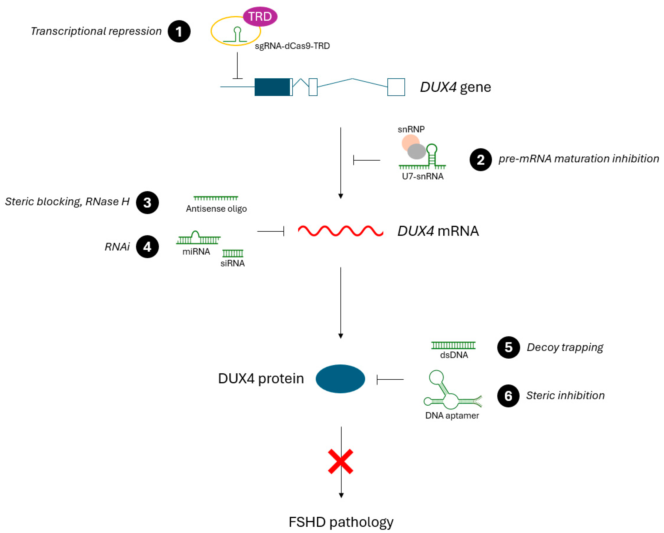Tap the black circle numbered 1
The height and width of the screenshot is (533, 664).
(179, 31)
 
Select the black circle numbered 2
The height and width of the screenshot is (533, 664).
(481, 160)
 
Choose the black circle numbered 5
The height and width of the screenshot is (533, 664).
(509, 347)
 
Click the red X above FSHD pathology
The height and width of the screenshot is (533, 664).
(340, 461)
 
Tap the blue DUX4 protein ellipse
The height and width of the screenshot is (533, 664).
(340, 379)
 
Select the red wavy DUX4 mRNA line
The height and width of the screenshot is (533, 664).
(340, 231)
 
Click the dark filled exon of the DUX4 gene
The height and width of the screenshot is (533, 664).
(272, 87)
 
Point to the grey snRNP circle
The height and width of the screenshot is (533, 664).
(416, 151)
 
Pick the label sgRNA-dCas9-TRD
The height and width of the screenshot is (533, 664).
(292, 46)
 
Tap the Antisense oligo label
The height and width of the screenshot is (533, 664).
(216, 209)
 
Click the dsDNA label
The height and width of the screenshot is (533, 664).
(454, 355)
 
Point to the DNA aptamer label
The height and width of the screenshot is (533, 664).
(452, 416)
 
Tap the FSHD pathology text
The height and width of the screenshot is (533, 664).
(341, 522)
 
